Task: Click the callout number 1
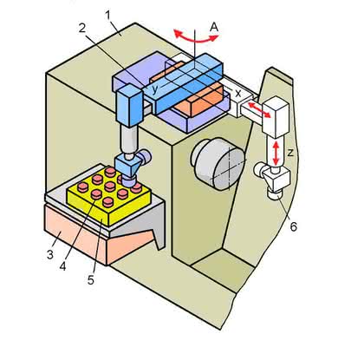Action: pos(108,16)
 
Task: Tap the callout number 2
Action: pos(82,28)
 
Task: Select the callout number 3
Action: pos(50,255)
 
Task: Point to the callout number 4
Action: pos(63,266)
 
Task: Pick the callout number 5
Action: pos(91,279)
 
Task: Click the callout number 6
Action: pos(294,226)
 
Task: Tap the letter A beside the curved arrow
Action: pos(214,27)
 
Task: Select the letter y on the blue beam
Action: pos(155,89)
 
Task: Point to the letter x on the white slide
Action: pos(237,93)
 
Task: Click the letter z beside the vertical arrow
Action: pos(290,153)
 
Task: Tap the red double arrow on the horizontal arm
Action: pos(259,109)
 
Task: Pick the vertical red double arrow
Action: pos(276,153)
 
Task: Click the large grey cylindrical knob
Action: pos(218,164)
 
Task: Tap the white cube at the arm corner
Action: pos(276,117)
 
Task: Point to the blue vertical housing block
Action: pos(130,106)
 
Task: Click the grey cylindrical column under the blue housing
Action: pos(130,141)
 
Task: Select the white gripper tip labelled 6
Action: pos(275,193)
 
